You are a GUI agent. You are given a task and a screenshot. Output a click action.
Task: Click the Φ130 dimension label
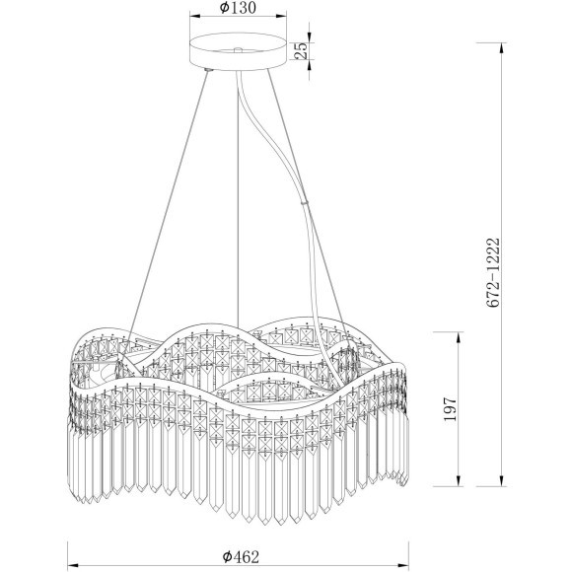point(238,8)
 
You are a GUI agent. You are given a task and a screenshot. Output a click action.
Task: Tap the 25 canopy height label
point(302,50)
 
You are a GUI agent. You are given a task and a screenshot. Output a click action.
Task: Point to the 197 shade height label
point(450,409)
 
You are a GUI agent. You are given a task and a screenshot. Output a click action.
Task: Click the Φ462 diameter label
point(241,556)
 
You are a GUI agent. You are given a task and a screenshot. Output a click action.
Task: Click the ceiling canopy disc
point(238,51)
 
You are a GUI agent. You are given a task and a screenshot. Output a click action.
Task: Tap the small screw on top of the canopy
point(238,49)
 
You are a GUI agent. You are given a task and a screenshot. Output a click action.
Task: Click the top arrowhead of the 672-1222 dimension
point(502,48)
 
